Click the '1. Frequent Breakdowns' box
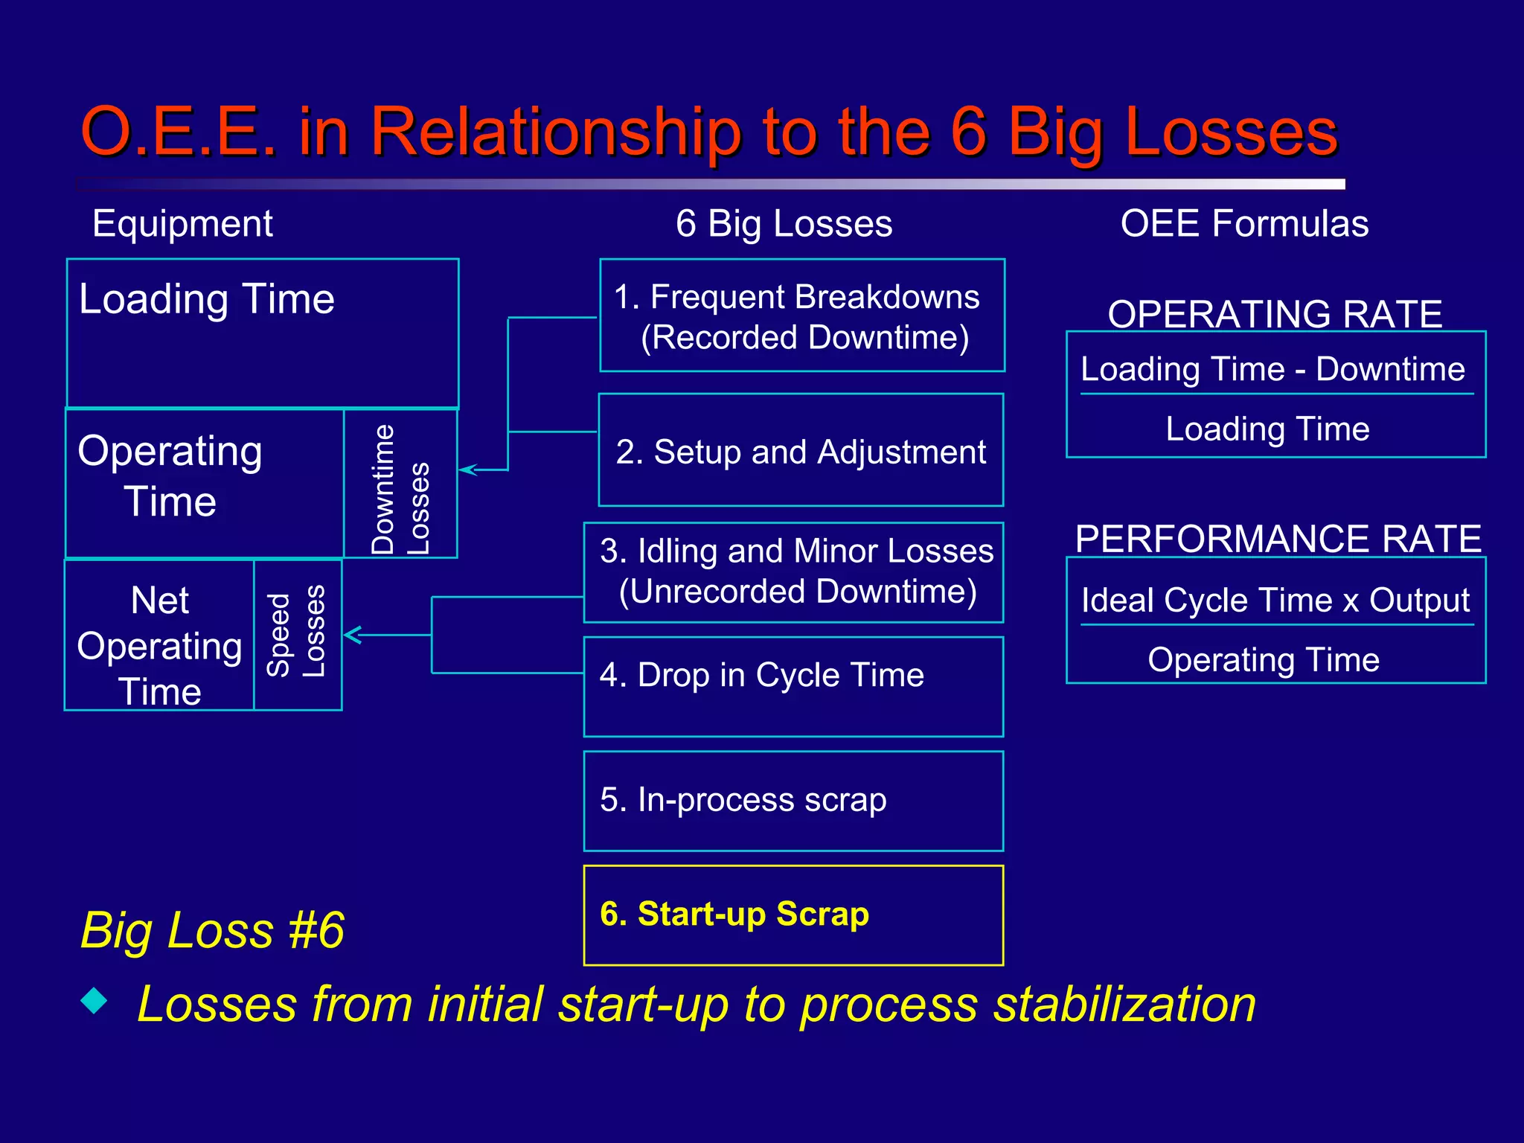click(x=801, y=316)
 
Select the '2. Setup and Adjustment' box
click(x=801, y=450)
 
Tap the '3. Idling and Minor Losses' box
click(x=793, y=572)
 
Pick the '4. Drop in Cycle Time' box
click(x=793, y=686)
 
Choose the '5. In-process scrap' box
click(x=793, y=801)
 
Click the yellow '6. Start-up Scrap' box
click(x=793, y=915)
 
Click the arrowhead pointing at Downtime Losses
click(x=467, y=470)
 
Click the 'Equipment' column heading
click(x=182, y=223)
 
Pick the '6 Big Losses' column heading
click(x=784, y=223)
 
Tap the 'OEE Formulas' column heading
click(x=1244, y=223)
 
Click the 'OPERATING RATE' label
click(x=1275, y=313)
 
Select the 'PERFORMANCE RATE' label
click(x=1278, y=538)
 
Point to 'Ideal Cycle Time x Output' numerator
click(x=1275, y=600)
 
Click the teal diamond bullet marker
click(x=95, y=1000)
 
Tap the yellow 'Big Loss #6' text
click(x=212, y=930)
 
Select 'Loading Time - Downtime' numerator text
click(x=1272, y=369)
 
